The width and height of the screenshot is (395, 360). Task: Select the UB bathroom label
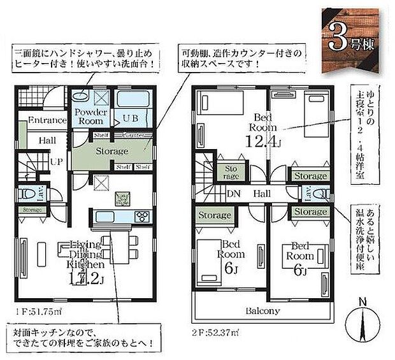pyautogui.click(x=131, y=118)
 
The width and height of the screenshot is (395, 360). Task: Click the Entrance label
pyautogui.click(x=48, y=120)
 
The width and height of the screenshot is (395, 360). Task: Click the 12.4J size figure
pyautogui.click(x=264, y=140)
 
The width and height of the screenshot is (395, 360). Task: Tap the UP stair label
pyautogui.click(x=56, y=162)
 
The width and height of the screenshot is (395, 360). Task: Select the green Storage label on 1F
pyautogui.click(x=112, y=152)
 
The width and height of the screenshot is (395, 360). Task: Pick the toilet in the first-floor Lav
pyautogui.click(x=25, y=193)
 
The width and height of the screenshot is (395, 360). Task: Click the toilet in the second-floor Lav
pyautogui.click(x=320, y=194)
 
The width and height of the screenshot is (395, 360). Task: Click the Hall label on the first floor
pyautogui.click(x=46, y=140)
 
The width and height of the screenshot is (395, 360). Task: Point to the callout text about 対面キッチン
pyautogui.click(x=82, y=338)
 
